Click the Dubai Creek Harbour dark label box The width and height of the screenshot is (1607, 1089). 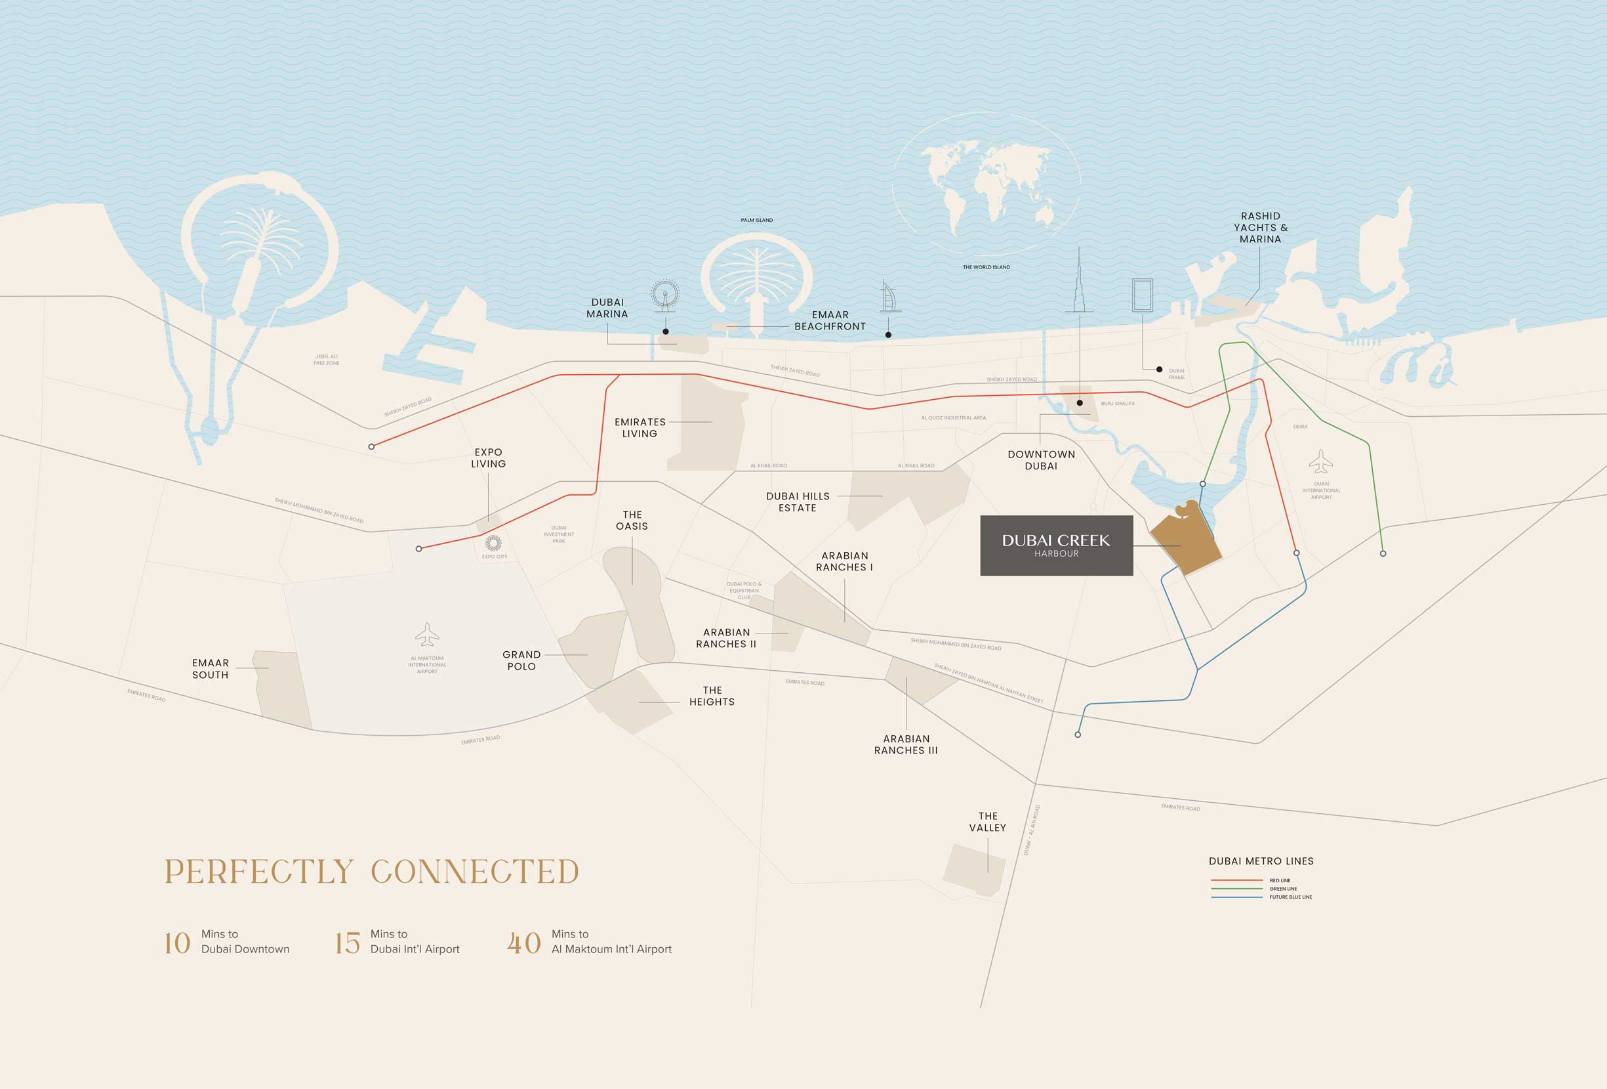pos(1056,545)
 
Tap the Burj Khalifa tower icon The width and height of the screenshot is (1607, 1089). pos(1080,284)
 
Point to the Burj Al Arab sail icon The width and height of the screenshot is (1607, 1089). pos(889,297)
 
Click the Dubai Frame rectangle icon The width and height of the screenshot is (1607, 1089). pos(1142,295)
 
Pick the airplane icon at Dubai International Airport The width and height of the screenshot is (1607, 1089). pos(1321,461)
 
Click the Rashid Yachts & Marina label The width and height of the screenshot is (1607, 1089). pos(1260,228)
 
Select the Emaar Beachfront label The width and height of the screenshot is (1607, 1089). pos(830,320)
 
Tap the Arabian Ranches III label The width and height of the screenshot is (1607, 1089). pos(906,744)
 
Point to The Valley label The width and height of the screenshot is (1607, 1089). pos(987,822)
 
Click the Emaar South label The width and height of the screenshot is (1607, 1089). pos(210,669)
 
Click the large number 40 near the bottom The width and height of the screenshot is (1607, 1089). pos(523,943)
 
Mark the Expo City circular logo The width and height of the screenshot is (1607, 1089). pos(493,543)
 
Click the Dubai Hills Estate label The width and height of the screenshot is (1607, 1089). pos(798,502)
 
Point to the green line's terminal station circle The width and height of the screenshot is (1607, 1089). pos(1383,553)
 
